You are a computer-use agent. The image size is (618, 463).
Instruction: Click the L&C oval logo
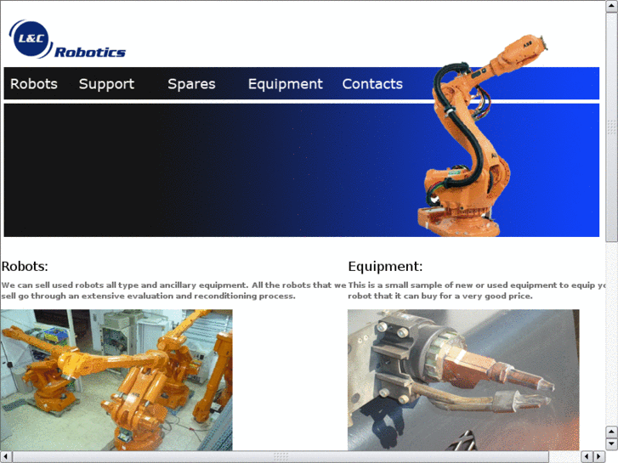[x=31, y=37]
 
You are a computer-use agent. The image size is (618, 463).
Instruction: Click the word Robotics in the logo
[x=90, y=53]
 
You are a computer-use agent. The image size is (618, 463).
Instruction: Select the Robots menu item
[x=34, y=84]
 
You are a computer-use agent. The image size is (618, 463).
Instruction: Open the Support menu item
[x=106, y=84]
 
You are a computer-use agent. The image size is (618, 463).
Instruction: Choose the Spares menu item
[x=191, y=84]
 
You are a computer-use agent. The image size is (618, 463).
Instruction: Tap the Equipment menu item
[x=285, y=84]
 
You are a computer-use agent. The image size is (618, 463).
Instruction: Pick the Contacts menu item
[x=372, y=84]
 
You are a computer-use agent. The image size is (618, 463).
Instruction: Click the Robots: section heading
[x=25, y=266]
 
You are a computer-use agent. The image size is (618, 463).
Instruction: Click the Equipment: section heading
[x=385, y=266]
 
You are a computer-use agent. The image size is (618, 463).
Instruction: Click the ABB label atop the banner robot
[x=528, y=41]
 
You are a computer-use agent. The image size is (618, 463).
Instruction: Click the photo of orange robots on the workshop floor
[x=116, y=380]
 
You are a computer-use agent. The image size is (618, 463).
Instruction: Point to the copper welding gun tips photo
[x=463, y=380]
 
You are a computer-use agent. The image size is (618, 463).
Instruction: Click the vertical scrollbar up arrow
[x=611, y=8]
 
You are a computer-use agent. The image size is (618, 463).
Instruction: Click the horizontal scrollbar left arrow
[x=7, y=456]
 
